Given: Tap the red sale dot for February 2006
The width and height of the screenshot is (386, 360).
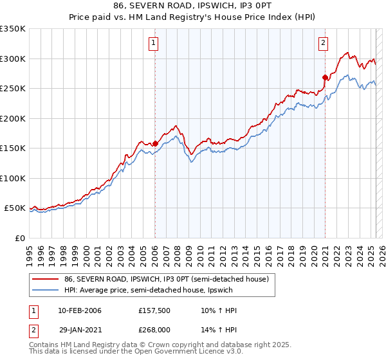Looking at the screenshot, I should pyautogui.click(x=155, y=143).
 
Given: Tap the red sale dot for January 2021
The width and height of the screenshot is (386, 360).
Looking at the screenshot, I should pyautogui.click(x=325, y=78).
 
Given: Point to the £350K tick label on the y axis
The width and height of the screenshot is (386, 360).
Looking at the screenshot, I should pyautogui.click(x=13, y=29).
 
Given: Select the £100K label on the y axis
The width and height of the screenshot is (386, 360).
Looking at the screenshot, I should pyautogui.click(x=13, y=178).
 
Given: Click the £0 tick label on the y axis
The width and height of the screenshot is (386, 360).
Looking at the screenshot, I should pyautogui.click(x=19, y=238).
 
